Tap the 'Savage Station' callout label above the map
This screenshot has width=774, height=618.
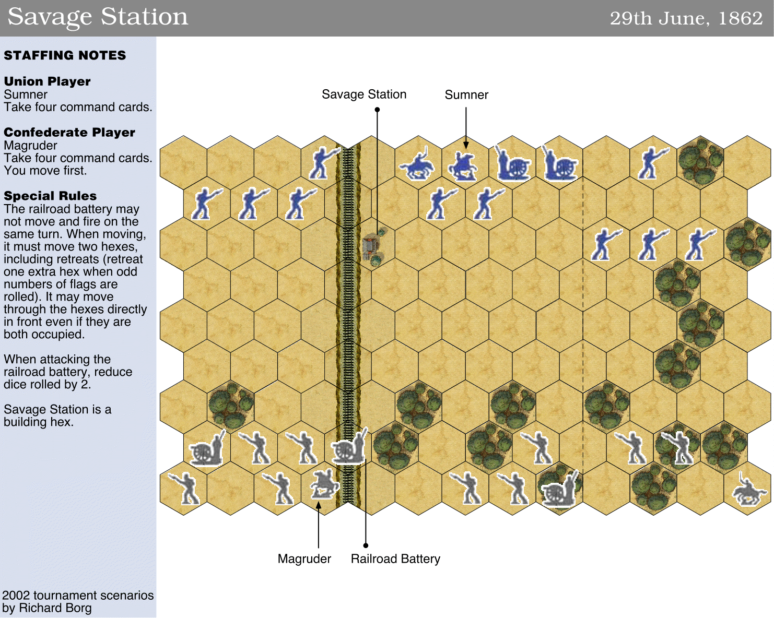[364, 94]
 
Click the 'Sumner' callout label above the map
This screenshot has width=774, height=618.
[466, 94]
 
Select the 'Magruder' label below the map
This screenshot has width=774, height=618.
[304, 558]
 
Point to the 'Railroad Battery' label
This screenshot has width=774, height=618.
[395, 558]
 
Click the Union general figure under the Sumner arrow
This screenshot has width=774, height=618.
[463, 166]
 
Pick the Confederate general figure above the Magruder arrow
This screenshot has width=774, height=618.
[324, 484]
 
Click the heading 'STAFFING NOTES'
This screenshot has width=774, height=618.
[65, 55]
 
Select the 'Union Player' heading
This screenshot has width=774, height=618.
[47, 81]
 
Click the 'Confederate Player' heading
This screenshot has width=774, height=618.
[69, 132]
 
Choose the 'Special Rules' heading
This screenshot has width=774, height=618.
[50, 196]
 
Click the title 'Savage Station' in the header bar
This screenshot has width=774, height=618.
[98, 17]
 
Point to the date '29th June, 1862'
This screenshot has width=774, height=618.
[686, 18]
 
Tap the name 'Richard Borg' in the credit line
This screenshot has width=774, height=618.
[55, 608]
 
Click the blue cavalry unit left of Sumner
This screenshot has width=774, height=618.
[417, 163]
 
